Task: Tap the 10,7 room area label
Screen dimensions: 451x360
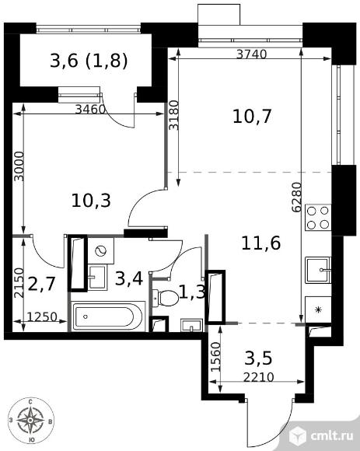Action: coord(252,117)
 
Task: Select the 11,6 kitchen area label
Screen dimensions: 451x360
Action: coord(261,242)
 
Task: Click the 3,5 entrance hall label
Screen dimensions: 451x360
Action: coord(260,359)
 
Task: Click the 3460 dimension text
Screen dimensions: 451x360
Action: coord(90,110)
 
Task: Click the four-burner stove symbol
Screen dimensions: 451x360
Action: coord(318,217)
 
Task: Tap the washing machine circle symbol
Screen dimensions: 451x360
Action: coord(100,251)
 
